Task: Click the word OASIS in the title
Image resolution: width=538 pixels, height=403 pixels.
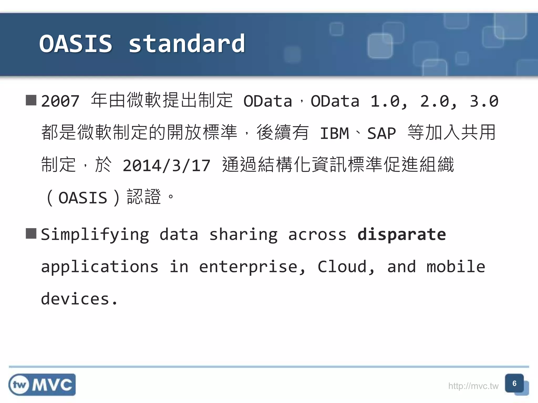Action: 76,44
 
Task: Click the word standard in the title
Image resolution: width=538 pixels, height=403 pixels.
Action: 187,44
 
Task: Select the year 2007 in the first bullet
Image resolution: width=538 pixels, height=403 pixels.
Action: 60,101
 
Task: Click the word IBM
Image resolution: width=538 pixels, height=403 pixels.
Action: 334,134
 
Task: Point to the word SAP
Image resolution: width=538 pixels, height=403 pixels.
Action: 381,134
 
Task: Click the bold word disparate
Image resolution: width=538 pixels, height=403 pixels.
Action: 402,234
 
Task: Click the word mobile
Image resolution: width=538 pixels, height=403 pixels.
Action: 456,267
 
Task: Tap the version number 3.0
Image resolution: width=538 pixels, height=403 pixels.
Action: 484,101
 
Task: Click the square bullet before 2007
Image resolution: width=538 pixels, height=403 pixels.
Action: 31,100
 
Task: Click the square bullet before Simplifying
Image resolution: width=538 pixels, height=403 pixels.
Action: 31,234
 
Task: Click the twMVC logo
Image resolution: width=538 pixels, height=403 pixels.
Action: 42,385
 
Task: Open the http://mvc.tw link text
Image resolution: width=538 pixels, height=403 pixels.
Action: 473,386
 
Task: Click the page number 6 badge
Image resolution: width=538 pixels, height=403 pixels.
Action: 514,384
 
